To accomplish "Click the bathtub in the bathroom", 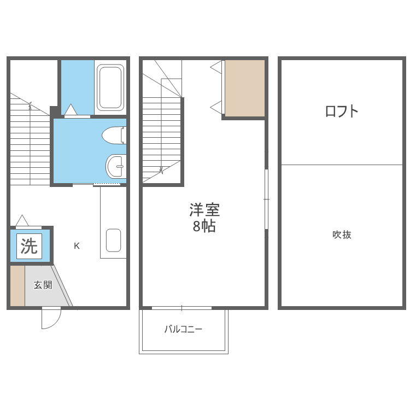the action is tap(110, 87).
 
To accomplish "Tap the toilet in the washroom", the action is tap(114, 135).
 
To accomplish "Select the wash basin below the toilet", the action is tap(116, 166).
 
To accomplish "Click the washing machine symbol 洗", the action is tap(29, 246).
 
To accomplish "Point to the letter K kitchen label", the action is tap(77, 246).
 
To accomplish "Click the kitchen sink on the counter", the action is tap(114, 241).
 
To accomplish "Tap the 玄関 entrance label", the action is tap(43, 285).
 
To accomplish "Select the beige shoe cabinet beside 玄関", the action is tap(17, 285).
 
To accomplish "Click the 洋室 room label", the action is tap(204, 210).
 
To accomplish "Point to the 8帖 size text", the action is tap(204, 226).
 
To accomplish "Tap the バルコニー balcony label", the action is tap(183, 329).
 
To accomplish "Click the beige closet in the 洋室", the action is tap(245, 88).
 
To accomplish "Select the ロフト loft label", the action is tap(342, 111).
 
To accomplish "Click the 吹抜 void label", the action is tap(342, 235).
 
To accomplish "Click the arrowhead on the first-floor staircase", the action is tap(30, 104).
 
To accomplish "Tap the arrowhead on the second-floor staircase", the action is tap(161, 171).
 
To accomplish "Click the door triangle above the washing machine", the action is tap(22, 220).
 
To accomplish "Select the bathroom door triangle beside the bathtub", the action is tap(71, 109).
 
